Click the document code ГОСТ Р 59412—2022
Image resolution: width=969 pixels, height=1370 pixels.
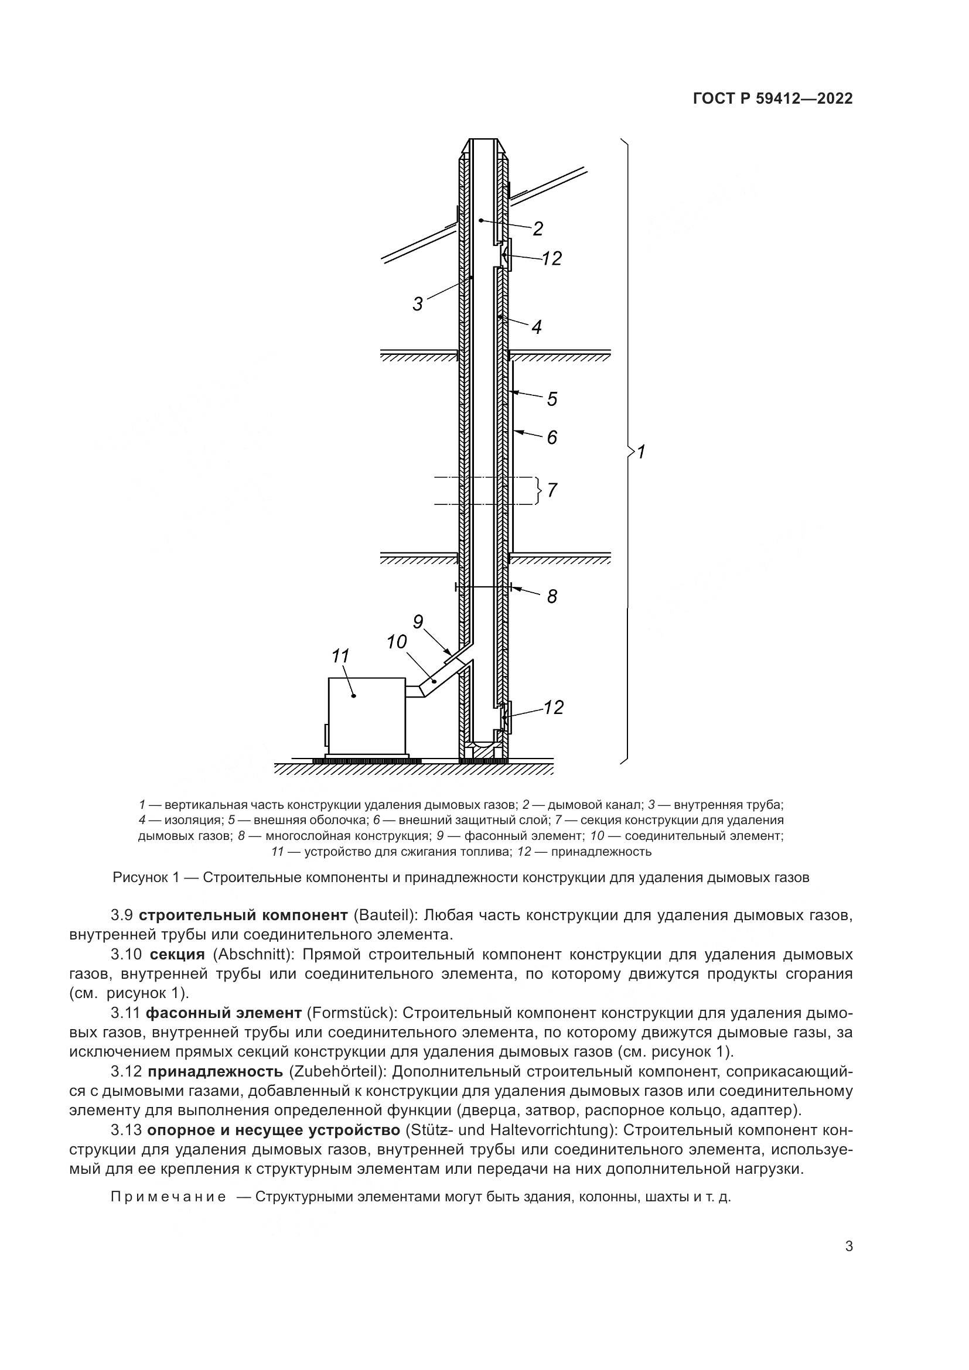pyautogui.click(x=773, y=99)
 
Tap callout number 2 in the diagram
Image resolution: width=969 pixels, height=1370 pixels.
pyautogui.click(x=538, y=228)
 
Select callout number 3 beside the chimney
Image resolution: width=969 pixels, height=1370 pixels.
pyautogui.click(x=418, y=305)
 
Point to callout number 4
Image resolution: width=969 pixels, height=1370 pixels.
pyautogui.click(x=537, y=327)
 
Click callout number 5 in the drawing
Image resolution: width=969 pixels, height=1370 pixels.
pyautogui.click(x=552, y=399)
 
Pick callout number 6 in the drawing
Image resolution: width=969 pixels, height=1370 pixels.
pyautogui.click(x=552, y=438)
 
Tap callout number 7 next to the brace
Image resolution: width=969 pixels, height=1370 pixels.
pyautogui.click(x=552, y=490)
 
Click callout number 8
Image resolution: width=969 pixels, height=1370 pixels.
pyautogui.click(x=552, y=596)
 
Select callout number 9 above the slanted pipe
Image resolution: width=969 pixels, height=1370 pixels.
pyautogui.click(x=418, y=623)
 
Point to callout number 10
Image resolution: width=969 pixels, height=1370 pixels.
pyautogui.click(x=396, y=643)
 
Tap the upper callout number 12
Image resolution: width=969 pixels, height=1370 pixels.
pyautogui.click(x=551, y=259)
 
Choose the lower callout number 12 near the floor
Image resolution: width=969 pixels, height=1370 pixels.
pyautogui.click(x=553, y=708)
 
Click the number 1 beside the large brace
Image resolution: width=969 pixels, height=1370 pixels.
pyautogui.click(x=642, y=452)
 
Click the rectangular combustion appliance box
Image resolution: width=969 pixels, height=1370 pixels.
pyautogui.click(x=366, y=716)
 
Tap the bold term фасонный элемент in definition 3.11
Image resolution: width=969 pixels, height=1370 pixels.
pyautogui.click(x=224, y=1013)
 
